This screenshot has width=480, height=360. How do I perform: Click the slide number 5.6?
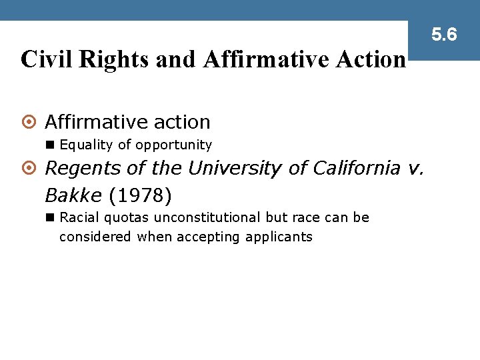pyautogui.click(x=444, y=34)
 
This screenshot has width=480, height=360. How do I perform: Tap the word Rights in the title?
pyautogui.click(x=115, y=59)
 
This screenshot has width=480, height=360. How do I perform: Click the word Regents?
pyautogui.click(x=77, y=169)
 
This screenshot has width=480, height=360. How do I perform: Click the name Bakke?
pyautogui.click(x=73, y=195)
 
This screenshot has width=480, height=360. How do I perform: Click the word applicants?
pyautogui.click(x=279, y=237)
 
